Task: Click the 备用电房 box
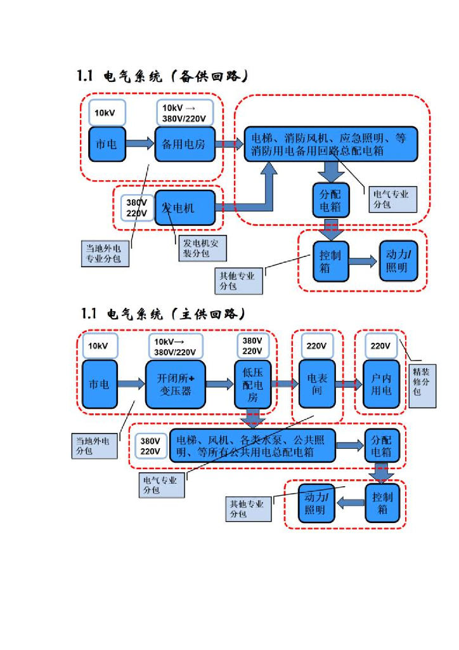[184, 144]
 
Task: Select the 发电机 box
[184, 208]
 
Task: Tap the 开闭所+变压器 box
[176, 385]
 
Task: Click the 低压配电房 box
[253, 385]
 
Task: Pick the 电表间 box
[316, 385]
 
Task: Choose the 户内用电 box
[381, 385]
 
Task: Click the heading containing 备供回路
[162, 77]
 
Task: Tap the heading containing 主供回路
[162, 314]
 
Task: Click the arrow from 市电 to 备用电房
[140, 144]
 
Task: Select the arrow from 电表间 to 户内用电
[349, 383]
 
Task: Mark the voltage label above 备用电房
[184, 113]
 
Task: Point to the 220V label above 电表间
[316, 346]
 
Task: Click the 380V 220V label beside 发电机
[137, 208]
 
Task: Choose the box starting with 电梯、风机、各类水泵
[251, 446]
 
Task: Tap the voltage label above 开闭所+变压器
[176, 347]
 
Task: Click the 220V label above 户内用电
[380, 346]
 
